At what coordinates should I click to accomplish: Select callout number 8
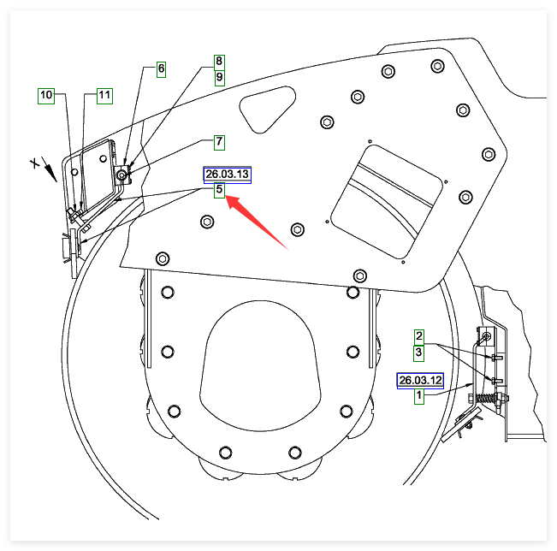pyautogui.click(x=219, y=62)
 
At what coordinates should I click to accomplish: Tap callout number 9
pyautogui.click(x=219, y=77)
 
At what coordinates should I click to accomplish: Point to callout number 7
pyautogui.click(x=219, y=140)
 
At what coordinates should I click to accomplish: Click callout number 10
pyautogui.click(x=45, y=95)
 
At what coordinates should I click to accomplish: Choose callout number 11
pyautogui.click(x=104, y=95)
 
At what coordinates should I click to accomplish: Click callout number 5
pyautogui.click(x=219, y=189)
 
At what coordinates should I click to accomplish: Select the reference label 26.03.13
pyautogui.click(x=227, y=175)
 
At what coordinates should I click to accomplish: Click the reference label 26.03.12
pyautogui.click(x=419, y=380)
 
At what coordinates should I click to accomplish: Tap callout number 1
pyautogui.click(x=419, y=396)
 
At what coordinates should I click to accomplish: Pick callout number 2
pyautogui.click(x=419, y=335)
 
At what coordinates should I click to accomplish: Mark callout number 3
pyautogui.click(x=419, y=352)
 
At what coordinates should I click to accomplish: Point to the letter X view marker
pyautogui.click(x=35, y=163)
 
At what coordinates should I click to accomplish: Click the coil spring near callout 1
pyautogui.click(x=485, y=399)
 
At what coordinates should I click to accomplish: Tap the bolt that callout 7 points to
pyautogui.click(x=123, y=175)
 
